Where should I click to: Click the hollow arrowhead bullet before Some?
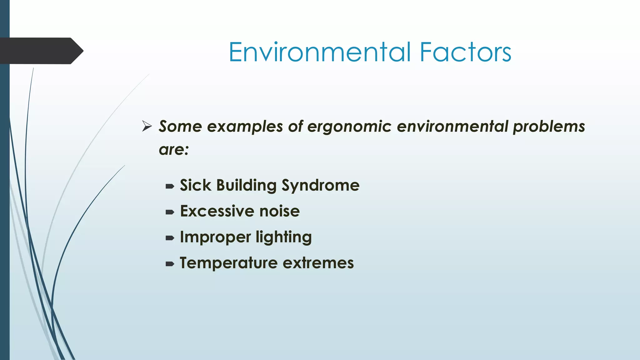(147, 126)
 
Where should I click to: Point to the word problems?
(549, 127)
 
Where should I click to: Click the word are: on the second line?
(174, 150)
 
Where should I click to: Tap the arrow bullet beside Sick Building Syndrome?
(170, 187)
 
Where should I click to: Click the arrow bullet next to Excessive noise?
(170, 212)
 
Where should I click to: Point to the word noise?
(279, 211)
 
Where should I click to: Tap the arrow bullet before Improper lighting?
(170, 238)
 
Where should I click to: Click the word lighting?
(283, 237)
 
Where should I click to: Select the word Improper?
(215, 237)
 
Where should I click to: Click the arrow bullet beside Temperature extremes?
(170, 264)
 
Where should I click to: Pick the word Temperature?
(228, 263)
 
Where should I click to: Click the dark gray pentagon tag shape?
(41, 51)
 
